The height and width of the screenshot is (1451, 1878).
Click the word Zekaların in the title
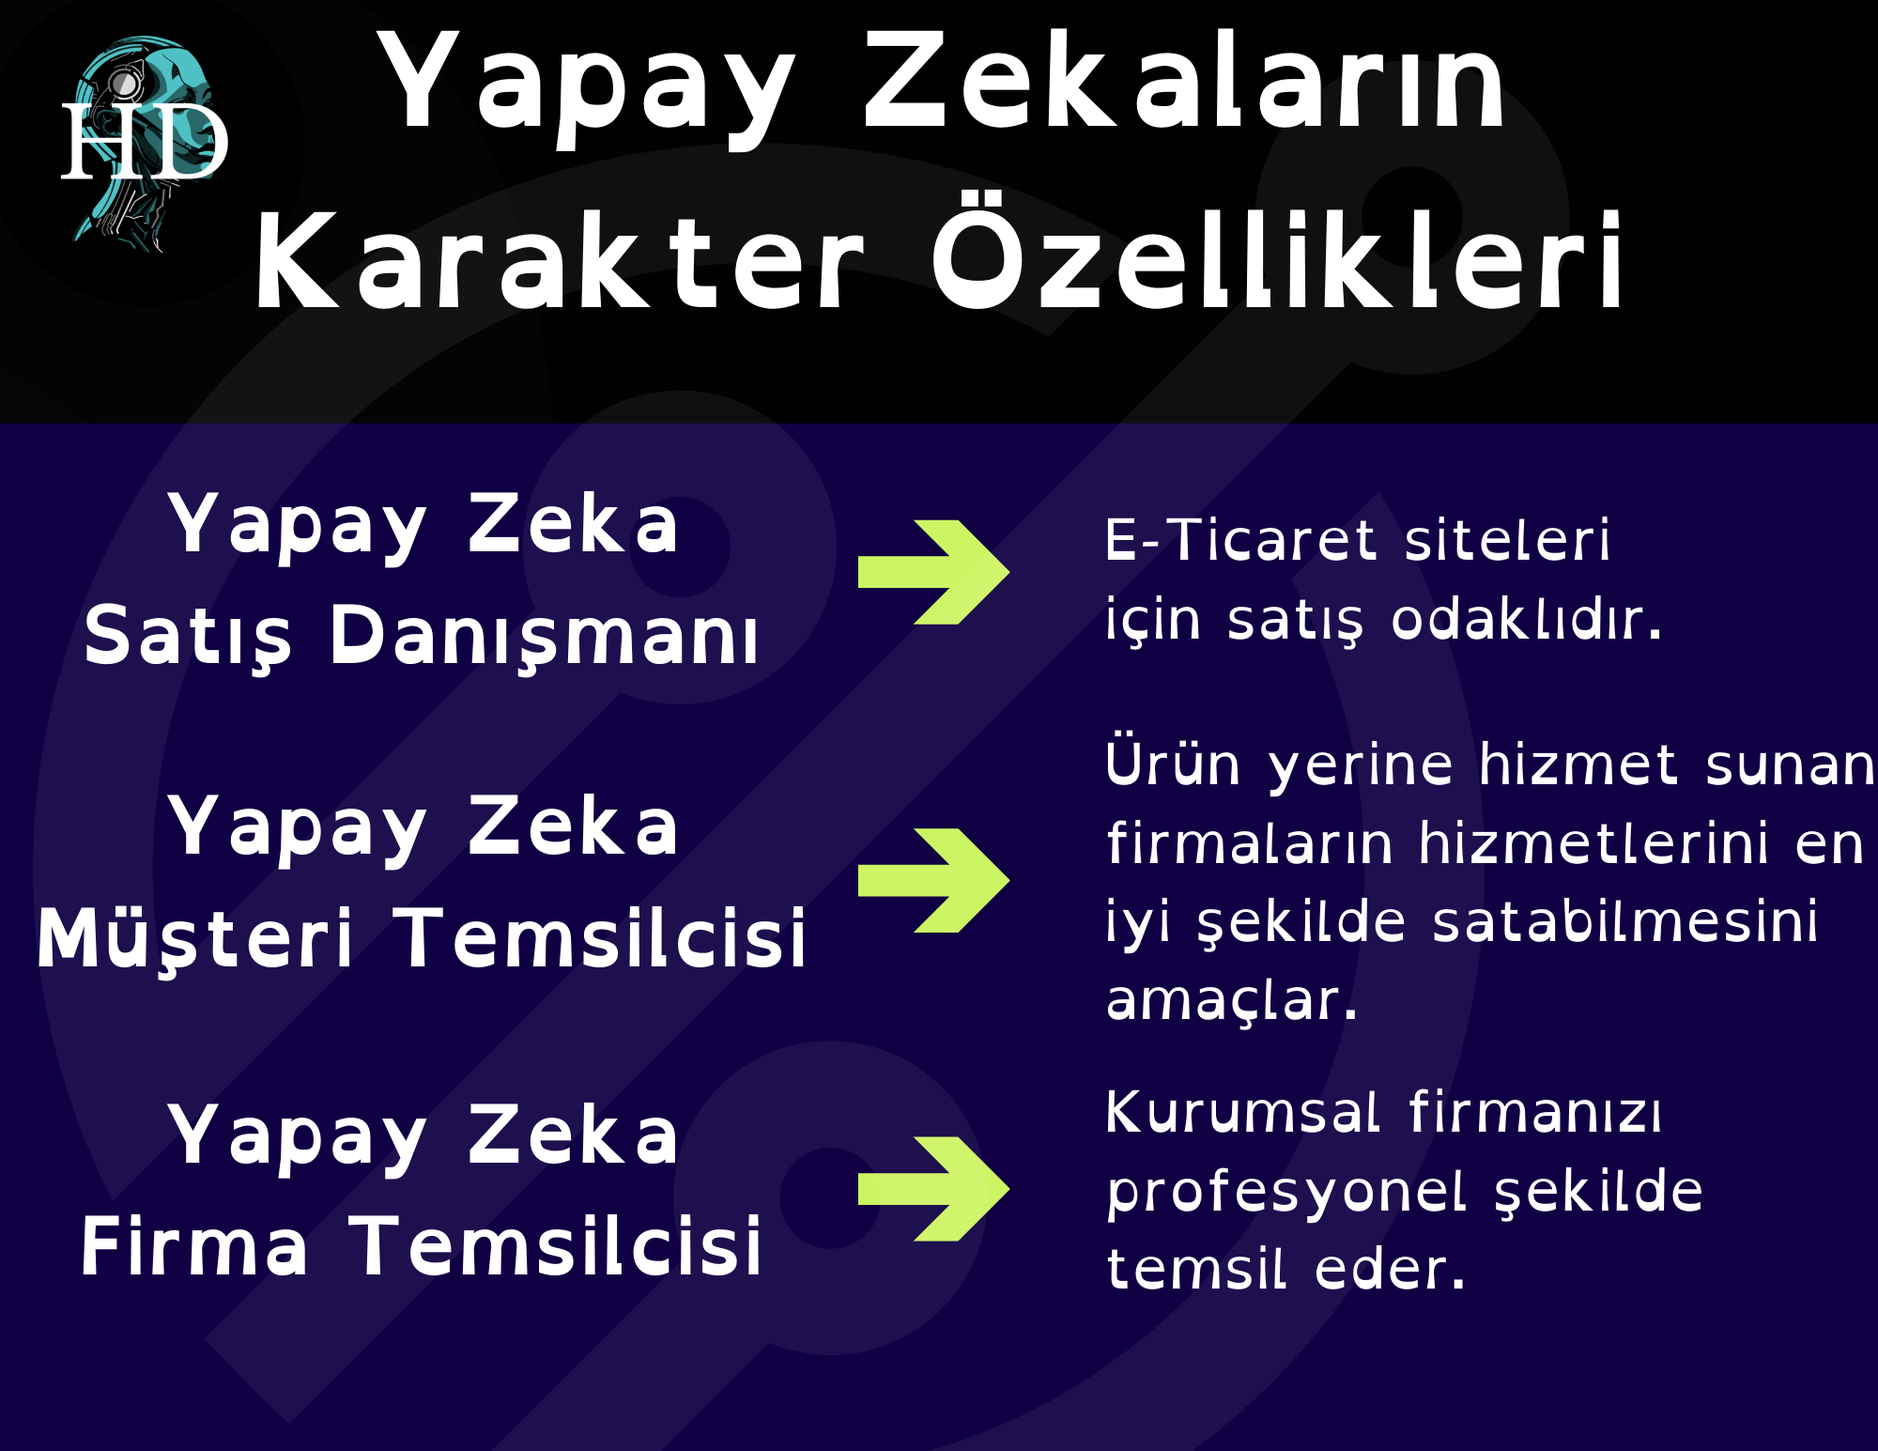1184,82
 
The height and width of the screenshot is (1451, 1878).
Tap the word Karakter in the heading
558,261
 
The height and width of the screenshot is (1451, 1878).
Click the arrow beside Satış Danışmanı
933,571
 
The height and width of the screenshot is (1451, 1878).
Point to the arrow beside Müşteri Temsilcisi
933,880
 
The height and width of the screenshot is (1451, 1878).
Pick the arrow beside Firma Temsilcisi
933,1188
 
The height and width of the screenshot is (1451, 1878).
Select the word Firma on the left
194,1246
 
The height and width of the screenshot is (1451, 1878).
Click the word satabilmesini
1625,921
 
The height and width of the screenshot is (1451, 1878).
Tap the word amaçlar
1232,1001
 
